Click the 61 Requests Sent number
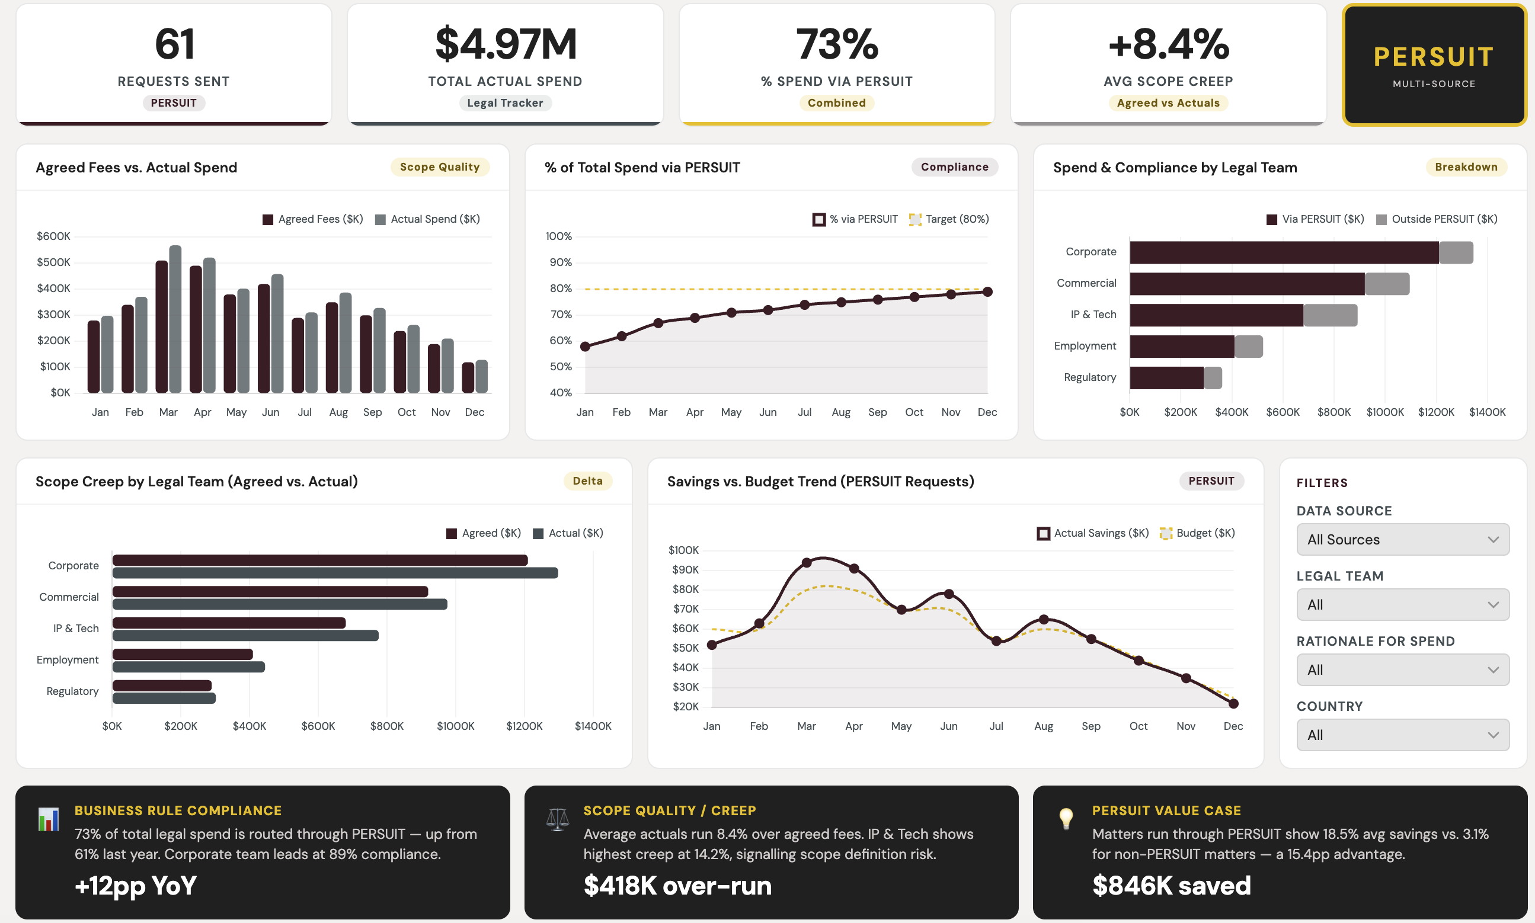point(174,44)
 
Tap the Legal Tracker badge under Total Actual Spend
point(504,102)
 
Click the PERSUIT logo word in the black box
point(1434,57)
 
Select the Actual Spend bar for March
point(175,319)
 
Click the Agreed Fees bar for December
point(468,377)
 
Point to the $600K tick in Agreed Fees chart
point(53,236)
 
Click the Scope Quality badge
point(439,166)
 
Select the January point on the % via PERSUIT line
point(585,347)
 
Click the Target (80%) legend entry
point(949,219)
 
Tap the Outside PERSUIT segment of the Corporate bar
point(1456,252)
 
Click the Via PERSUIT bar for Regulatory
point(1166,377)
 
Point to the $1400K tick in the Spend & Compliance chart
point(1487,412)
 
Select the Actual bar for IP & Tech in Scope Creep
point(245,635)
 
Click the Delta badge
point(587,481)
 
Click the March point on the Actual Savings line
point(807,562)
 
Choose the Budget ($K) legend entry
point(1197,533)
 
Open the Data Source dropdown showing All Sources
point(1402,539)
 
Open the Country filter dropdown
point(1402,735)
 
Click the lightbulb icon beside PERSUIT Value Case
point(1066,819)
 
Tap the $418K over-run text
point(677,885)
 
